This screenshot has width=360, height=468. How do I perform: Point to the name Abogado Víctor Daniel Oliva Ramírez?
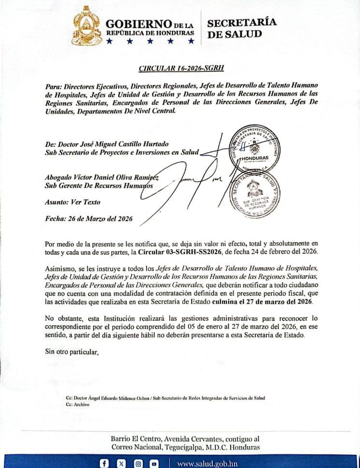(102, 177)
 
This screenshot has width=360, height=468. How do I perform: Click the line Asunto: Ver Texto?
(73, 202)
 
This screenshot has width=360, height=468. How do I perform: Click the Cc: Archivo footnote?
(78, 404)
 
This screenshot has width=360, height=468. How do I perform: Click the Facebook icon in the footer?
(104, 464)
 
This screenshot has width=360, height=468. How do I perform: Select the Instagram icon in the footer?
(138, 464)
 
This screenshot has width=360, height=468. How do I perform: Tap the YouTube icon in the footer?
(154, 464)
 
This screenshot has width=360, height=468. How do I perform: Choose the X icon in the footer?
(121, 464)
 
